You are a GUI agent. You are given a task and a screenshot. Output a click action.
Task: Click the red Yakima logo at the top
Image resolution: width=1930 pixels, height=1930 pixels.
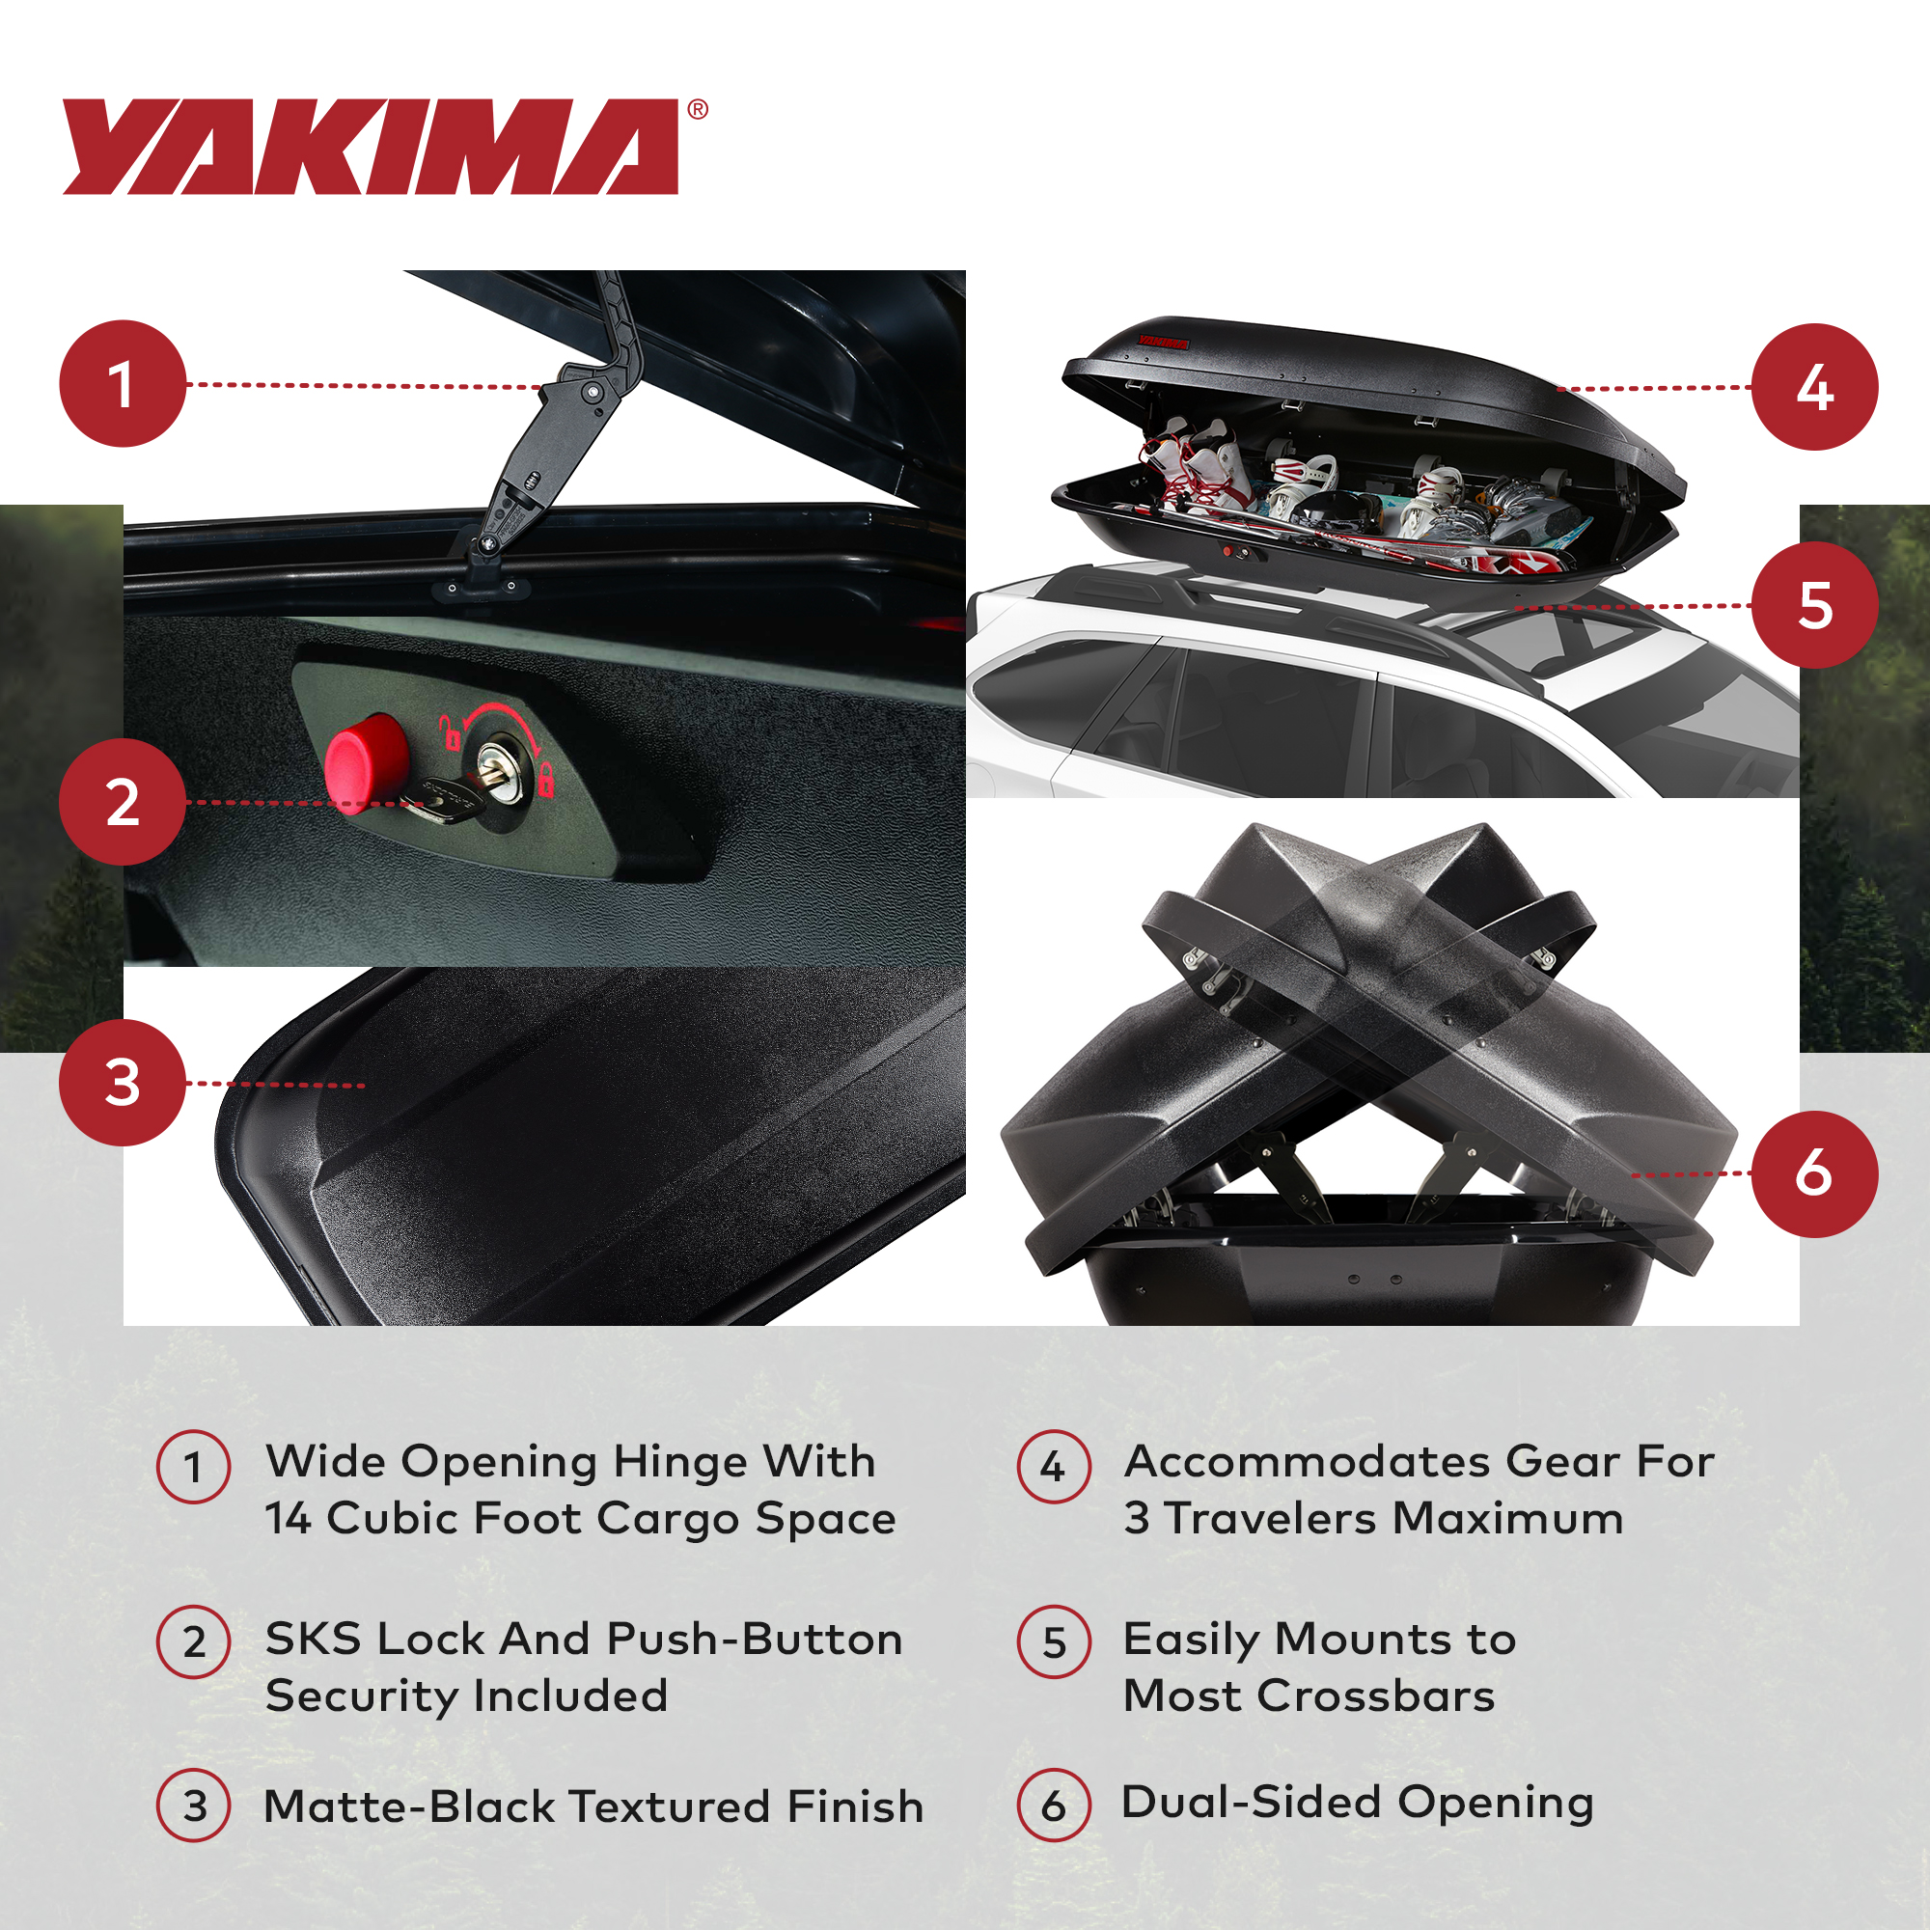(x=370, y=146)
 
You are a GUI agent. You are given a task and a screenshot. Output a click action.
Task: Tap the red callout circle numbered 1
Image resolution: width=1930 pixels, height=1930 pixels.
(x=123, y=384)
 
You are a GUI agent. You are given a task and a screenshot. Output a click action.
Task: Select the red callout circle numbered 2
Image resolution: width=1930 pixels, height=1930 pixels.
(x=123, y=802)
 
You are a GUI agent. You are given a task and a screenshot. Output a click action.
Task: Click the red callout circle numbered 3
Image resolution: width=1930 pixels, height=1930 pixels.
(x=123, y=1083)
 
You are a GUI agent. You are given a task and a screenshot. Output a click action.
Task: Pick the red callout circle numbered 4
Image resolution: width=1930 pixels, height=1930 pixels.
(x=1814, y=387)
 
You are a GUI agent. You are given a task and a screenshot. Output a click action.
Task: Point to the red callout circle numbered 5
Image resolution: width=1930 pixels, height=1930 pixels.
(x=1814, y=605)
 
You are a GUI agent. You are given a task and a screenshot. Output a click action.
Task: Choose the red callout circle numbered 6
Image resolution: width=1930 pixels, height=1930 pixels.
(x=1814, y=1173)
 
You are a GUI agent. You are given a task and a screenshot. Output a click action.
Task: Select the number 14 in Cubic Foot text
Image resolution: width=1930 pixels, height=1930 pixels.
(x=288, y=1518)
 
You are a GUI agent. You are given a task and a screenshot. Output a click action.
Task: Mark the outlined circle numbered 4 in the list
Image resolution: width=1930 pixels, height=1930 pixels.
(x=1053, y=1467)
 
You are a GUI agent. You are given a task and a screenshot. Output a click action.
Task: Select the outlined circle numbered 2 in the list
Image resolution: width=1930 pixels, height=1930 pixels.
(x=194, y=1642)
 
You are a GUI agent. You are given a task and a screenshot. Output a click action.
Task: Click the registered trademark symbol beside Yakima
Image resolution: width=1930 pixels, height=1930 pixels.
(x=699, y=110)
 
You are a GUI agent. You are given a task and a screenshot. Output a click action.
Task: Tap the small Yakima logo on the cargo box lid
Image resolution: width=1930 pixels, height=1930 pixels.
(x=1164, y=343)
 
